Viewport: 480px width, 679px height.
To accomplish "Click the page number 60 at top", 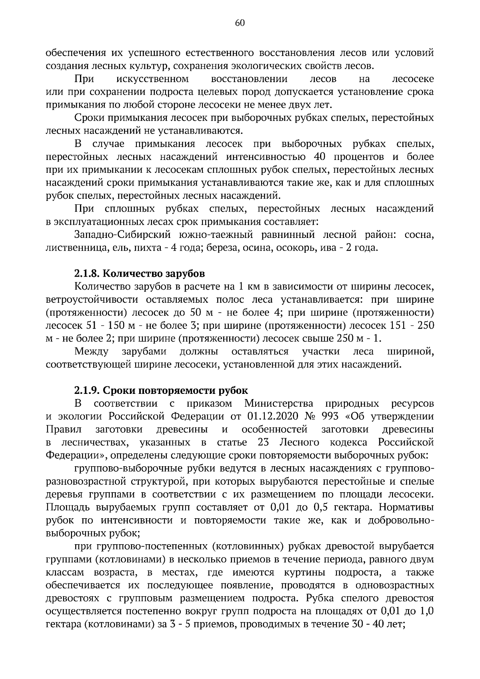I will (x=240, y=23).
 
